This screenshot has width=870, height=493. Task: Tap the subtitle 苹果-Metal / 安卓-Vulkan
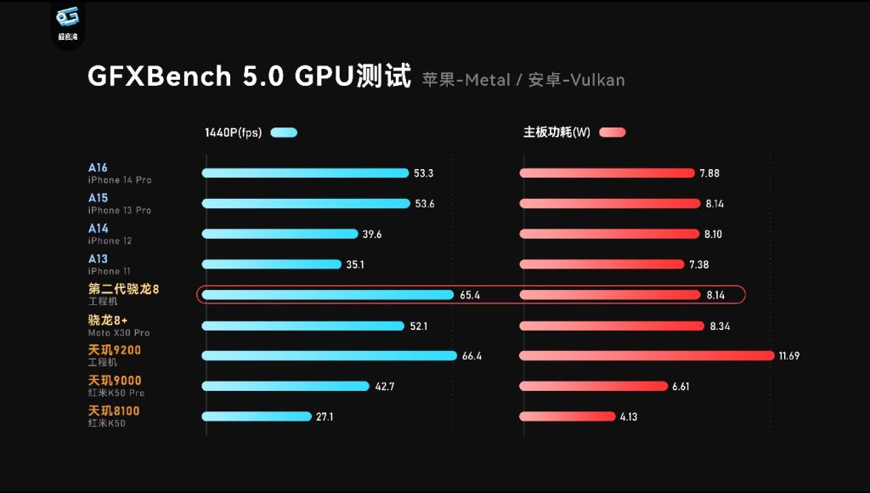click(523, 80)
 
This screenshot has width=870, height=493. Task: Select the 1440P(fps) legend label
click(233, 133)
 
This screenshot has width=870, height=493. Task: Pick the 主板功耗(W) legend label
click(556, 133)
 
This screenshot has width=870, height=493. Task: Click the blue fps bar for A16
click(305, 173)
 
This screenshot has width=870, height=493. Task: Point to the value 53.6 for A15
click(424, 204)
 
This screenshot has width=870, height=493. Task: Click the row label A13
click(98, 259)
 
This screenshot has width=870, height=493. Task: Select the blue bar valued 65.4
click(328, 295)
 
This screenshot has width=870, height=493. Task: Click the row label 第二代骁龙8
click(123, 290)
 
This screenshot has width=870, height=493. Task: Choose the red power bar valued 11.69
click(647, 355)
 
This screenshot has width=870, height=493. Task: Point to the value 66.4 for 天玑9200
click(472, 356)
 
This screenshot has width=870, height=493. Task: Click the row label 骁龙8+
click(107, 320)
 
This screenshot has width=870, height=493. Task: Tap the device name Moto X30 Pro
click(118, 332)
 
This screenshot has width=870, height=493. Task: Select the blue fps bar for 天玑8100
click(257, 416)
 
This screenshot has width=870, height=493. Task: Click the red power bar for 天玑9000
click(593, 386)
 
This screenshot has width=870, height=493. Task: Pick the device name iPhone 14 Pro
click(119, 180)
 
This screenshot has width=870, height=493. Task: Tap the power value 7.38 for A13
click(698, 265)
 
